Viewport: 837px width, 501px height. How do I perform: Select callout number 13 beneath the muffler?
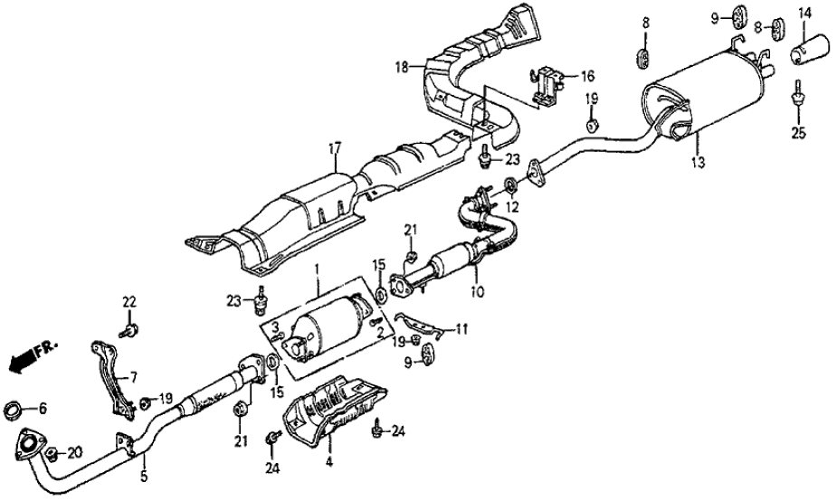tap(697, 163)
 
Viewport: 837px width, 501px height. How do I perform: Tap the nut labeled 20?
tap(52, 452)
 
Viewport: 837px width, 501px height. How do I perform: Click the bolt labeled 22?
tap(129, 330)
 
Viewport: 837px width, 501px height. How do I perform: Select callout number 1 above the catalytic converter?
tap(317, 269)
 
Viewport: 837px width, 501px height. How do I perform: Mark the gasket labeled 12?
tap(510, 187)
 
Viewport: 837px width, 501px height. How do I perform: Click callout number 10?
tap(478, 292)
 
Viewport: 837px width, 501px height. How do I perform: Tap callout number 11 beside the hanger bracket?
tap(461, 331)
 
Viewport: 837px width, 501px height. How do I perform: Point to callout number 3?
tap(275, 326)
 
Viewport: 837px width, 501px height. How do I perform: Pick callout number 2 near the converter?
tap(366, 333)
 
